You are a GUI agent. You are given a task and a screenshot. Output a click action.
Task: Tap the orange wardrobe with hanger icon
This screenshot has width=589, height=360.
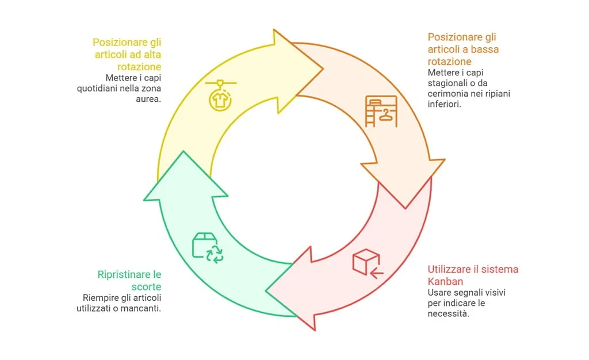[381, 111]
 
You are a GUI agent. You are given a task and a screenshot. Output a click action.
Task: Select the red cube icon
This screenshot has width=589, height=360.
[366, 263]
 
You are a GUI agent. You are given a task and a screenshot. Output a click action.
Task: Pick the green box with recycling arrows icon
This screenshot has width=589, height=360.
[208, 248]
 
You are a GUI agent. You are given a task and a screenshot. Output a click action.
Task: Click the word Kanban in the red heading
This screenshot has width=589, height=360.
[445, 281]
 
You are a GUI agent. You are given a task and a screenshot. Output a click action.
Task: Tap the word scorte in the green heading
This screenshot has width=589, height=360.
[146, 286]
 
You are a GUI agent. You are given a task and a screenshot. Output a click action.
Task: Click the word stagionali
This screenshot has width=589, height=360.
[449, 83]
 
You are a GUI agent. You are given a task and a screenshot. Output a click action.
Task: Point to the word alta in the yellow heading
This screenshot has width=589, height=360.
[151, 55]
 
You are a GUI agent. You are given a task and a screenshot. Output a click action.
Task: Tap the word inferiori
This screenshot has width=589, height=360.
[445, 104]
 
